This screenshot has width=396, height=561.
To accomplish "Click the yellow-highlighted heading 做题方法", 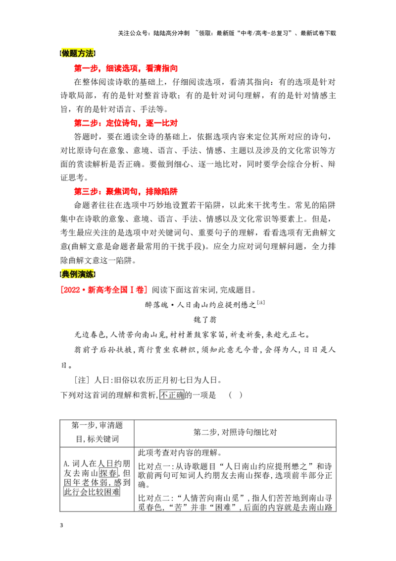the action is [x=78, y=54].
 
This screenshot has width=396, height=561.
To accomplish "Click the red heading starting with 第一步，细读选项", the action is [x=126, y=68].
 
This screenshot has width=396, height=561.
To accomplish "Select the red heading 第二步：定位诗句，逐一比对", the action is [x=126, y=123].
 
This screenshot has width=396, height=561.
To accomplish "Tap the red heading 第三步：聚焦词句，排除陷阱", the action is [x=126, y=191].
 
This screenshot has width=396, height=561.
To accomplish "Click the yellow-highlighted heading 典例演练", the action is [x=78, y=275].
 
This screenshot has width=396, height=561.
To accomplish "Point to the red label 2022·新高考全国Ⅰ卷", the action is [x=104, y=290].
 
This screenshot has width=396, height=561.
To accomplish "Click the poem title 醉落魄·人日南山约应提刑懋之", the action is [x=200, y=305].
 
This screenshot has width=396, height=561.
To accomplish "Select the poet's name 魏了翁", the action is [x=205, y=320].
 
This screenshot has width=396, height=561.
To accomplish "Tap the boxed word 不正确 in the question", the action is [x=172, y=395].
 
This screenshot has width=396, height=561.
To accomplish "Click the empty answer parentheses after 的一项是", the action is [x=236, y=395].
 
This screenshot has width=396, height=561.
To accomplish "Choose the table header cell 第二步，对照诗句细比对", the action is [x=235, y=432].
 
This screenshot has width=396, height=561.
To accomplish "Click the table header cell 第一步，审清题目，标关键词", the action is [x=97, y=432].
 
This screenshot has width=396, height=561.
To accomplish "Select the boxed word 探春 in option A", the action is [x=108, y=473].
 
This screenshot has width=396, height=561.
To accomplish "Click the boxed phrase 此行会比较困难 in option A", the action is [x=92, y=492].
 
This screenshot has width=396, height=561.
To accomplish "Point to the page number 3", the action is [x=61, y=525].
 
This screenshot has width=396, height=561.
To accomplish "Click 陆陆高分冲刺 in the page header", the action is [x=171, y=33].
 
